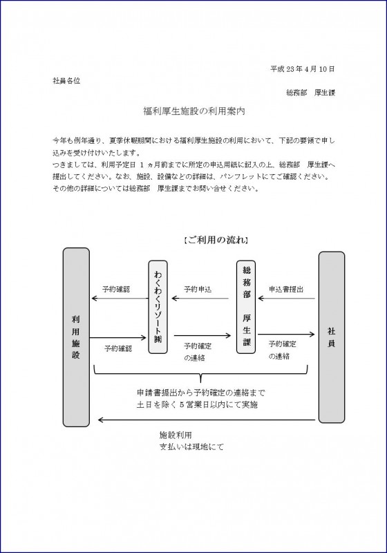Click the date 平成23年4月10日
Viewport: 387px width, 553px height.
click(x=303, y=69)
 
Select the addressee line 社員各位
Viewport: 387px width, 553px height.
click(x=66, y=81)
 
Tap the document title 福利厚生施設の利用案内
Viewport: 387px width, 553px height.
click(x=194, y=111)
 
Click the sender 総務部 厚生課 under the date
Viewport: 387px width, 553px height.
click(x=310, y=93)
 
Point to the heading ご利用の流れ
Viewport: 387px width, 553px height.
click(x=216, y=240)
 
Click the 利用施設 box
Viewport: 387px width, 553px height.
click(x=76, y=337)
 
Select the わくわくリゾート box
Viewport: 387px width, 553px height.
click(x=158, y=307)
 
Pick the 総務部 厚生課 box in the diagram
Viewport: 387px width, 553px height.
click(x=246, y=307)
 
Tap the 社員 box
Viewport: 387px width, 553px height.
click(x=331, y=337)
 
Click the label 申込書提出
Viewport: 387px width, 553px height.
click(x=286, y=290)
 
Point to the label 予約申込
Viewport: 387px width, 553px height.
click(x=198, y=290)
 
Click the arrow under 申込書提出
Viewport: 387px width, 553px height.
click(x=287, y=299)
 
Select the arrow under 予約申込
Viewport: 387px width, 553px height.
click(x=200, y=299)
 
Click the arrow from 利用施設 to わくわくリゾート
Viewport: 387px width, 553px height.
click(x=118, y=338)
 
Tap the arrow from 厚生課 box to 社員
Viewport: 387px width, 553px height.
click(x=286, y=334)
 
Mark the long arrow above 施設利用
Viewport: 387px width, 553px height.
click(x=207, y=420)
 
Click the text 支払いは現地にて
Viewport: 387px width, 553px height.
click(x=191, y=447)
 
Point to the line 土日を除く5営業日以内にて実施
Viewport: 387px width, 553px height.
click(x=198, y=404)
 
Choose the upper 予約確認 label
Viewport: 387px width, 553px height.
click(x=116, y=290)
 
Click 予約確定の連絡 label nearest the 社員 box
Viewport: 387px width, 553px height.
click(x=283, y=350)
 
